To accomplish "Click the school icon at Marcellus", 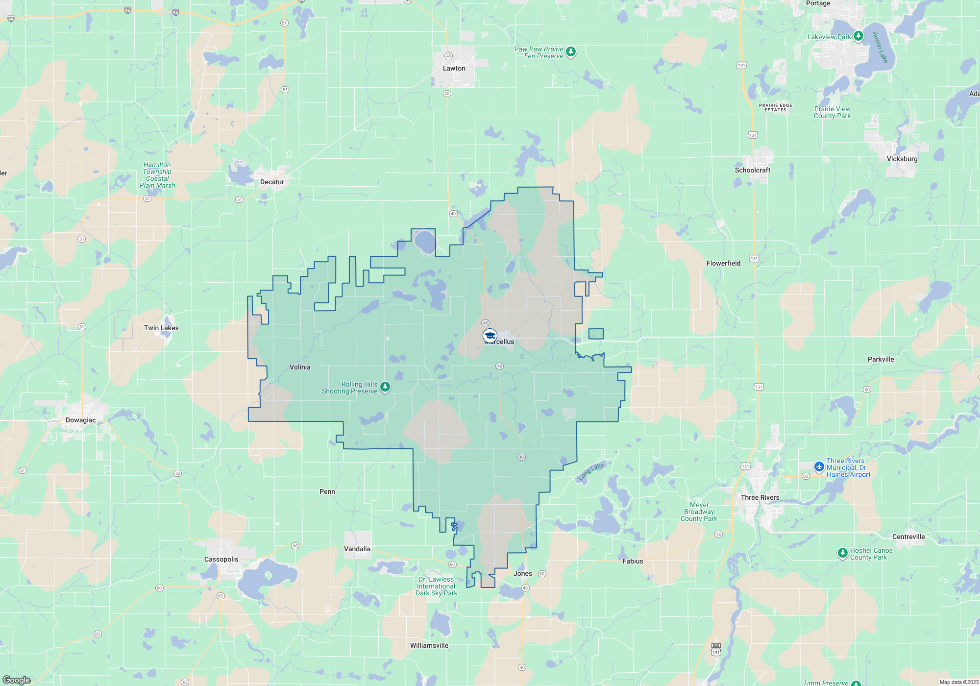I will pyautogui.click(x=490, y=336).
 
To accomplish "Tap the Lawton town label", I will pyautogui.click(x=454, y=69).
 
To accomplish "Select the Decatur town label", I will pyautogui.click(x=272, y=182).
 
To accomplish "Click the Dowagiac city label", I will pyautogui.click(x=81, y=420).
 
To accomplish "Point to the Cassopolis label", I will pyautogui.click(x=221, y=560).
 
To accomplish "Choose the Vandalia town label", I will pyautogui.click(x=357, y=549).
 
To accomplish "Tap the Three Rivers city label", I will pyautogui.click(x=759, y=498).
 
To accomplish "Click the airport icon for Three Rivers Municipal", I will pyautogui.click(x=819, y=467).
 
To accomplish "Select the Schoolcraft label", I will pyautogui.click(x=753, y=171).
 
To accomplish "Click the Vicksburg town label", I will pyautogui.click(x=902, y=159).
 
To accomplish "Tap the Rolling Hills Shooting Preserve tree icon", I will pyautogui.click(x=385, y=387).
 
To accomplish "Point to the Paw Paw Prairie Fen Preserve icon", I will pyautogui.click(x=570, y=52).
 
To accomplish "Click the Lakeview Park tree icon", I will pyautogui.click(x=858, y=36).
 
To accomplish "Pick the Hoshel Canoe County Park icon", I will pyautogui.click(x=842, y=553).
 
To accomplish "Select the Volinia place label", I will pyautogui.click(x=300, y=367).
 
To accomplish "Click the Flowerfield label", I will pyautogui.click(x=723, y=264).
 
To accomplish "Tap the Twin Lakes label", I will pyautogui.click(x=161, y=328).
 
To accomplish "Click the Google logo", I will pyautogui.click(x=17, y=680).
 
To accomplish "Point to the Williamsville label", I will pyautogui.click(x=429, y=646).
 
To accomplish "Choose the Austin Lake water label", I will pyautogui.click(x=881, y=48).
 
